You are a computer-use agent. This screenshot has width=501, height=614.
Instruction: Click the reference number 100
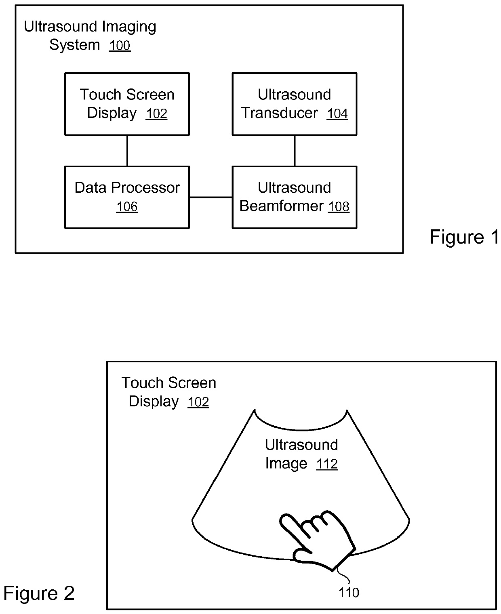pyautogui.click(x=120, y=46)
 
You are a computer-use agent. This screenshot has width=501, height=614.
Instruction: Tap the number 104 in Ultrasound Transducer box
pyautogui.click(x=337, y=114)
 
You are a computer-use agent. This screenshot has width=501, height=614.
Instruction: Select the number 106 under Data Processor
pyautogui.click(x=127, y=207)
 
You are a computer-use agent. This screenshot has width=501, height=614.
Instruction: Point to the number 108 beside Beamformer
pyautogui.click(x=339, y=207)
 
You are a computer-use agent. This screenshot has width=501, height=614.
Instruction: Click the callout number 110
pyautogui.click(x=349, y=593)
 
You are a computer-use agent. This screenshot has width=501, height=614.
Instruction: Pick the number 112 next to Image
pyautogui.click(x=327, y=464)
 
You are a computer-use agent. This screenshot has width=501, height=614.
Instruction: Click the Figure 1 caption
pyautogui.click(x=464, y=237)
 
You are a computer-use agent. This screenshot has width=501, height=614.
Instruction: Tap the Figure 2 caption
pyautogui.click(x=39, y=593)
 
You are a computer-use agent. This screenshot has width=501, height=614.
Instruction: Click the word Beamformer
pyautogui.click(x=281, y=206)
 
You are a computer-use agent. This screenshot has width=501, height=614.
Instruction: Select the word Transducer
pyautogui.click(x=279, y=113)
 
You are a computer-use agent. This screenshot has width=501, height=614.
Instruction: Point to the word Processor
pyautogui.click(x=145, y=187)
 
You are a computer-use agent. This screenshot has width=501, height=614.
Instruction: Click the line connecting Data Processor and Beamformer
pyautogui.click(x=211, y=198)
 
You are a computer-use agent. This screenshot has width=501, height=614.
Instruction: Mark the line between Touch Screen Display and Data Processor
pyautogui.click(x=127, y=151)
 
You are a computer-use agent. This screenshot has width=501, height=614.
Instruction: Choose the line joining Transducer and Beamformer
pyautogui.click(x=295, y=151)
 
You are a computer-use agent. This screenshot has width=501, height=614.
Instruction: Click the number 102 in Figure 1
pyautogui.click(x=156, y=114)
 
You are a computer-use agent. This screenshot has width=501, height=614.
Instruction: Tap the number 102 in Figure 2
pyautogui.click(x=198, y=402)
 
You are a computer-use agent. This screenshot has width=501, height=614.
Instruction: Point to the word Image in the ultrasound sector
pyautogui.click(x=286, y=463)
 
